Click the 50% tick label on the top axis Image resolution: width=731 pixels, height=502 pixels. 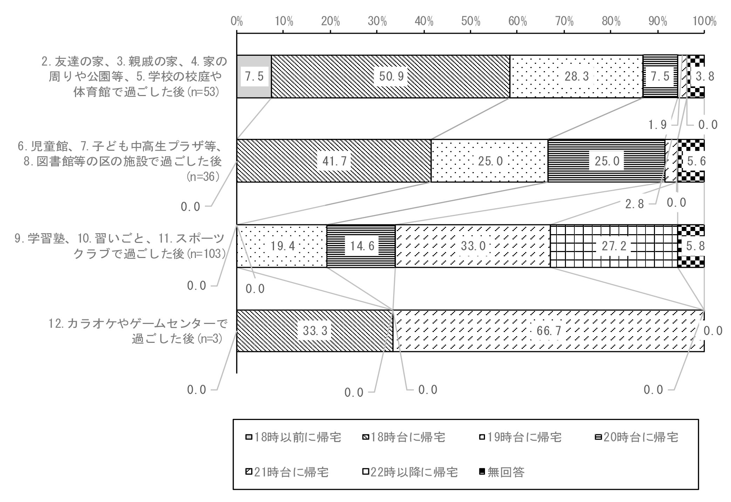coord(471,22)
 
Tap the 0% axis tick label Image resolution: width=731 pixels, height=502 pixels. coord(237,22)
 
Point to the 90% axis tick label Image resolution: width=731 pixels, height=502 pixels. coord(658,22)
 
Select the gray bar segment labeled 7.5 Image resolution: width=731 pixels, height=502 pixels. coord(254,76)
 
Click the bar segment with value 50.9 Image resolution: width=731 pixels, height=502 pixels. coord(390,76)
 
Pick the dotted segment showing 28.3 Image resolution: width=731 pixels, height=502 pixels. coord(576,76)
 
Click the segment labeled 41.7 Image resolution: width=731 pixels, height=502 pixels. coord(334,161)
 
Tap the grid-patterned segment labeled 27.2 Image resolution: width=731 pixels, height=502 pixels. coord(614,246)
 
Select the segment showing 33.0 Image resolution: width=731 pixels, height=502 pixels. coord(473,246)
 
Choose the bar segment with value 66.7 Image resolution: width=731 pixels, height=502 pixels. coord(548,331)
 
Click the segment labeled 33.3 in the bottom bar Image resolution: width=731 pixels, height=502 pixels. coord(315,331)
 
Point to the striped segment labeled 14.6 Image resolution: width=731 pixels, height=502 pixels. coord(361,246)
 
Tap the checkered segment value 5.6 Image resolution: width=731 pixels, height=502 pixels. coord(696,161)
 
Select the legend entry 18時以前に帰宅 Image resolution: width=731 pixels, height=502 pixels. coord(293,437)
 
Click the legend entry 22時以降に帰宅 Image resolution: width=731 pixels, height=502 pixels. coord(410,472)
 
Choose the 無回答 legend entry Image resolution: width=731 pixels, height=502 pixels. coord(501,472)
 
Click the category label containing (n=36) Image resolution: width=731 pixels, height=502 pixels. coord(120,161)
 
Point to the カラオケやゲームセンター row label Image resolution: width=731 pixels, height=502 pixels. coord(137,331)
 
